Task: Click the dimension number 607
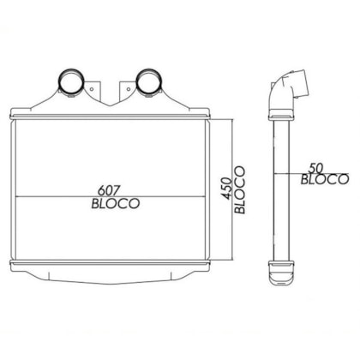pyautogui.click(x=108, y=190)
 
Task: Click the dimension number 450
pyautogui.click(x=227, y=189)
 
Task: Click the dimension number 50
pyautogui.click(x=315, y=169)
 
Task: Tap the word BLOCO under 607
pyautogui.click(x=116, y=204)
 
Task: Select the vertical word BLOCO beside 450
pyautogui.click(x=240, y=189)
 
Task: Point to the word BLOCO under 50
pyautogui.click(x=325, y=179)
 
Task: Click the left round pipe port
pyautogui.click(x=71, y=82)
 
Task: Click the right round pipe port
pyautogui.click(x=148, y=82)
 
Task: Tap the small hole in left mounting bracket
pyautogui.click(x=92, y=89)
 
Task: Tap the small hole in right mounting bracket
pyautogui.click(x=129, y=89)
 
